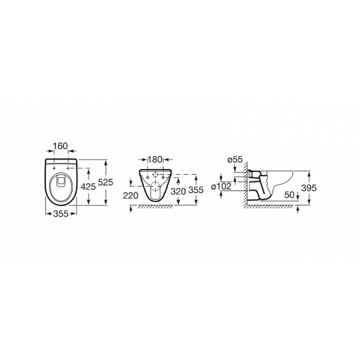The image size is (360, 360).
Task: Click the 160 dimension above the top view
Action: (x=61, y=146)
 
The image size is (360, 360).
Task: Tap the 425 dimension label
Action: (x=88, y=187)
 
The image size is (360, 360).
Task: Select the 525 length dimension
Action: (x=105, y=183)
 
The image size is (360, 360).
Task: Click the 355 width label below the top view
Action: (x=61, y=214)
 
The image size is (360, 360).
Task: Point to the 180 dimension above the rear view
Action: (x=155, y=159)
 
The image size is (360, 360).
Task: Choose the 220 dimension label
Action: (x=131, y=196)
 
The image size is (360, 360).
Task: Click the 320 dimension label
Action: (x=178, y=191)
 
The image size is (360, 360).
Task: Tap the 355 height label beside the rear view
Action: (x=196, y=190)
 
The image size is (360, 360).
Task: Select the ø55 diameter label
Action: (x=235, y=159)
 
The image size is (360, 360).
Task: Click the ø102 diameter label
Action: (x=221, y=187)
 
